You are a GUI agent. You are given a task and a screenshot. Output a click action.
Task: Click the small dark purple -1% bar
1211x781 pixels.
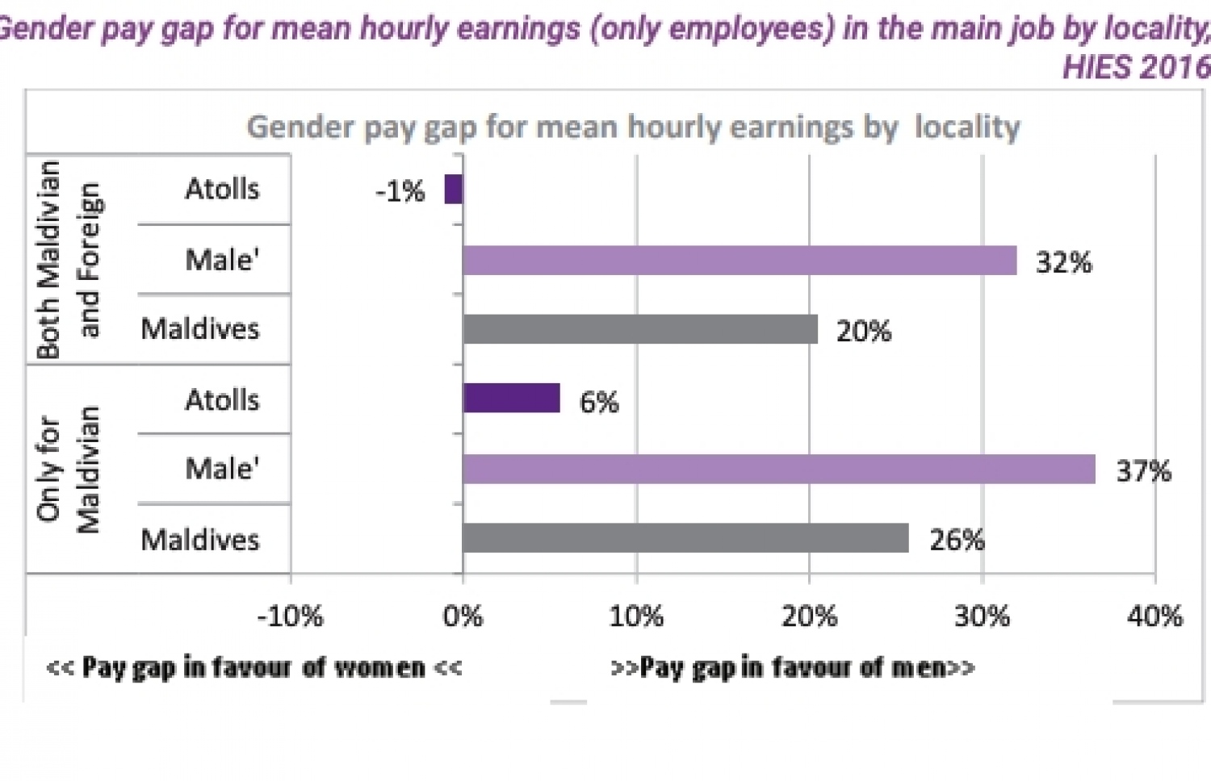coord(454,190)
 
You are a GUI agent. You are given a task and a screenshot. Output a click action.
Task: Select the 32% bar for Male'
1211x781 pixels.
coord(740,261)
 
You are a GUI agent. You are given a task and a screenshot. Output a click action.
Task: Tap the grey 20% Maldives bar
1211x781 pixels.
coord(640,329)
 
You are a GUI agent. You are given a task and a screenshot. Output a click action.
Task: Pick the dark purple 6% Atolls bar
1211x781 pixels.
coord(511,399)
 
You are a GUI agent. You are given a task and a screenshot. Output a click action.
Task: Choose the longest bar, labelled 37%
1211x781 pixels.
coord(779,469)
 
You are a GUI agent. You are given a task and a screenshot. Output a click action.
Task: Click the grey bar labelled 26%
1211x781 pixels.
coord(685,538)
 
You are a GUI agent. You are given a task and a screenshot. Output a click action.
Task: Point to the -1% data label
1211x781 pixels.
coord(400,192)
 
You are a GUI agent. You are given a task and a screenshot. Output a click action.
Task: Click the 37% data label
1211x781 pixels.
coord(1143,471)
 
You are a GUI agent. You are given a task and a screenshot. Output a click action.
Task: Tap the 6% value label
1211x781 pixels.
coord(599,402)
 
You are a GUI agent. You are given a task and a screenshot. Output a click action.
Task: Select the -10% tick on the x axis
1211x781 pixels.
coord(291,616)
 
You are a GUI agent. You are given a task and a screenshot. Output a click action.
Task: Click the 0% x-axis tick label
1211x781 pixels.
coord(463,616)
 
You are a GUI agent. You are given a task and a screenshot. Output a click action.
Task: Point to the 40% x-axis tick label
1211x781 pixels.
coord(1155,616)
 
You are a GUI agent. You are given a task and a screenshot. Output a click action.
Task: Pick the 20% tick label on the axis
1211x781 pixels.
coord(809,616)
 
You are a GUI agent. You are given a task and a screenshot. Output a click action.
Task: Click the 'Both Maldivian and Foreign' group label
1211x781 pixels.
coord(68,259)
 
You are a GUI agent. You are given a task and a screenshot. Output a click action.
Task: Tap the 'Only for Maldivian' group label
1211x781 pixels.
coord(68,469)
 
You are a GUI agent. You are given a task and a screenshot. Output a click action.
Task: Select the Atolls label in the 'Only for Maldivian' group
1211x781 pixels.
coord(222,399)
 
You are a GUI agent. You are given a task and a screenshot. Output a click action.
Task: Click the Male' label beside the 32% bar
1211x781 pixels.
coord(222,260)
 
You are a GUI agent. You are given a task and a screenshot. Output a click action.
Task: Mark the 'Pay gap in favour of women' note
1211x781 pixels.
coord(254,668)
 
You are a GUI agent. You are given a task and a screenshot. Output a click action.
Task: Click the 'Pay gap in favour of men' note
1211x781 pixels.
coord(793,668)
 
